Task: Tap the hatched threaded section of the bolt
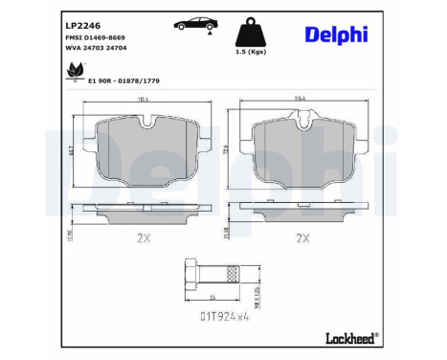pos(230,278)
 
